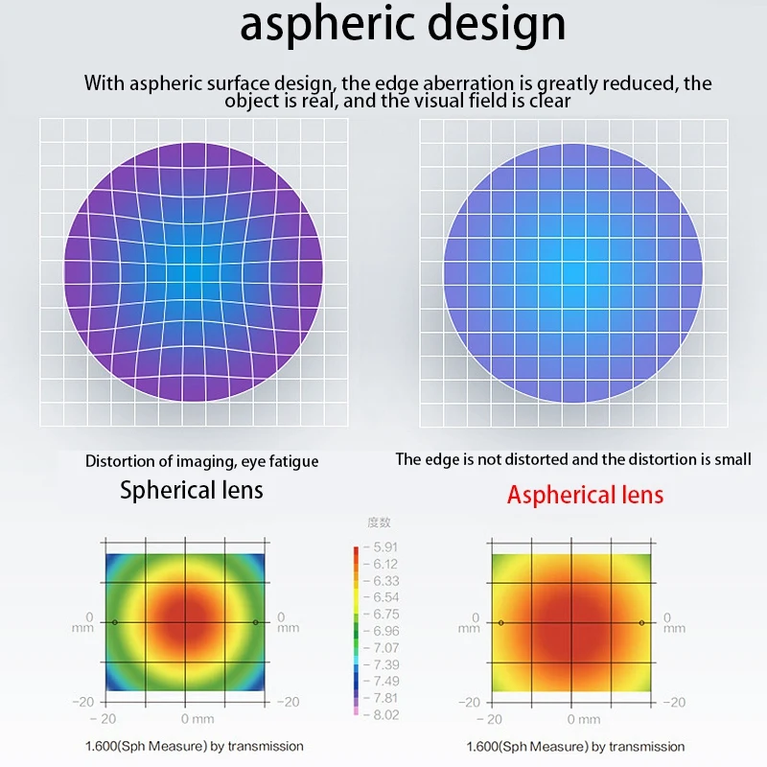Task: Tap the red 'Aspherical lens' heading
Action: click(x=585, y=495)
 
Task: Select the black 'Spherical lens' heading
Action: click(x=192, y=491)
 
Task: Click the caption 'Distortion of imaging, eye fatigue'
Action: click(x=202, y=461)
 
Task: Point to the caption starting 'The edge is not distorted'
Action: click(x=573, y=459)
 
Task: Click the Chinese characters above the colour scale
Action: click(x=380, y=523)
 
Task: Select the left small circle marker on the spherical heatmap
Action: click(x=115, y=622)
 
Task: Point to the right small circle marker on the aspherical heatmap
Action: click(x=641, y=622)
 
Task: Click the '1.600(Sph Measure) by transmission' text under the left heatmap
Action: click(x=194, y=746)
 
